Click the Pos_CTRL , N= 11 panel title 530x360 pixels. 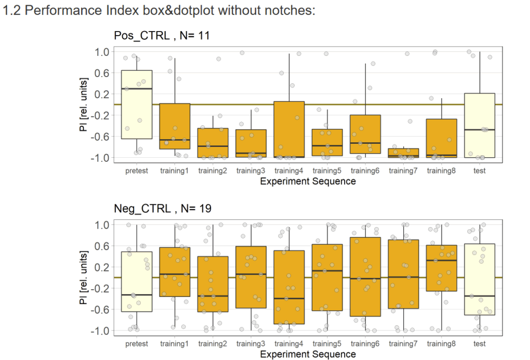click(x=161, y=36)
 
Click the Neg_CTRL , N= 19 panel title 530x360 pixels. click(x=163, y=208)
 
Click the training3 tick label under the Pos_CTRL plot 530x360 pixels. click(x=251, y=171)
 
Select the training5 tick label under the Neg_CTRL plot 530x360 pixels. click(x=327, y=343)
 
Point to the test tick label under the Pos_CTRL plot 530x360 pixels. click(x=480, y=171)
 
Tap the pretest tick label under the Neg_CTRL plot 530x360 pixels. click(x=137, y=343)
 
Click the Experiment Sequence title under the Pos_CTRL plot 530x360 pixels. click(x=308, y=182)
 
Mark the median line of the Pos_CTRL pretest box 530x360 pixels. click(x=137, y=88)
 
